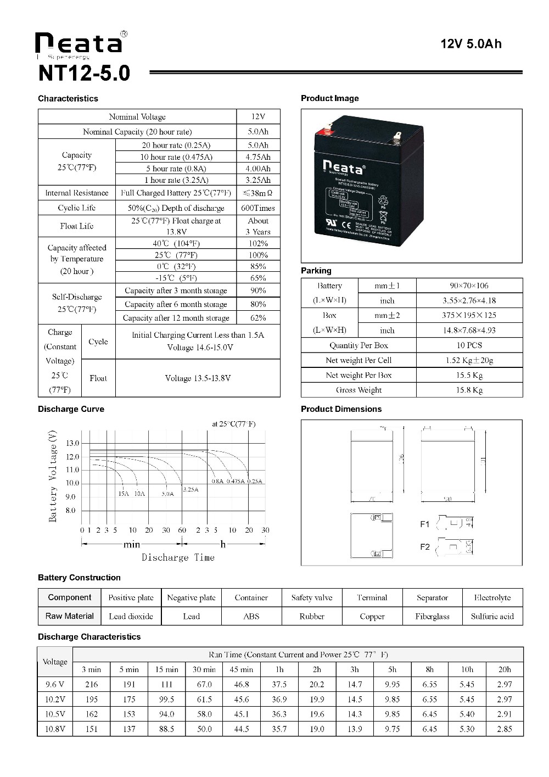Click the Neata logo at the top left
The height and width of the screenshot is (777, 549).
79,43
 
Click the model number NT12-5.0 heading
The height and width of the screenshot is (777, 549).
85,74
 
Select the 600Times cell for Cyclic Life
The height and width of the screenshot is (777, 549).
258,208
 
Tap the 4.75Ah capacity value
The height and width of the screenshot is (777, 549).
258,157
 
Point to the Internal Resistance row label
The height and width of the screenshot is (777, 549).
77,193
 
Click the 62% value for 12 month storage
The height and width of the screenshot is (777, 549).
258,318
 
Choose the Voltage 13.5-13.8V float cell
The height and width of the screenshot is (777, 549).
198,378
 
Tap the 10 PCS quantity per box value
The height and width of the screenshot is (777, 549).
469,345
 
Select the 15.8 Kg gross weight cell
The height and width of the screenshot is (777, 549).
469,390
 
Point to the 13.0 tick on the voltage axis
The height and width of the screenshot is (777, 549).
72,443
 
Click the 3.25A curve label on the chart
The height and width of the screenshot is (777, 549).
191,489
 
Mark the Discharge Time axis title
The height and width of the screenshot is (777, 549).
178,557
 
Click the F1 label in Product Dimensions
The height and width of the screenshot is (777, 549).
425,524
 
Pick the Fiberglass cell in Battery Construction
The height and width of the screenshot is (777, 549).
432,616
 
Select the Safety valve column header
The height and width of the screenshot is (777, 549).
312,597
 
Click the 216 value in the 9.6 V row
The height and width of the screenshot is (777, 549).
92,685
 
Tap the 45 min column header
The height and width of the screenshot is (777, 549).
242,669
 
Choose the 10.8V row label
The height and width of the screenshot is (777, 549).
55,729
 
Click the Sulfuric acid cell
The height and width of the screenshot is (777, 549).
492,616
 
